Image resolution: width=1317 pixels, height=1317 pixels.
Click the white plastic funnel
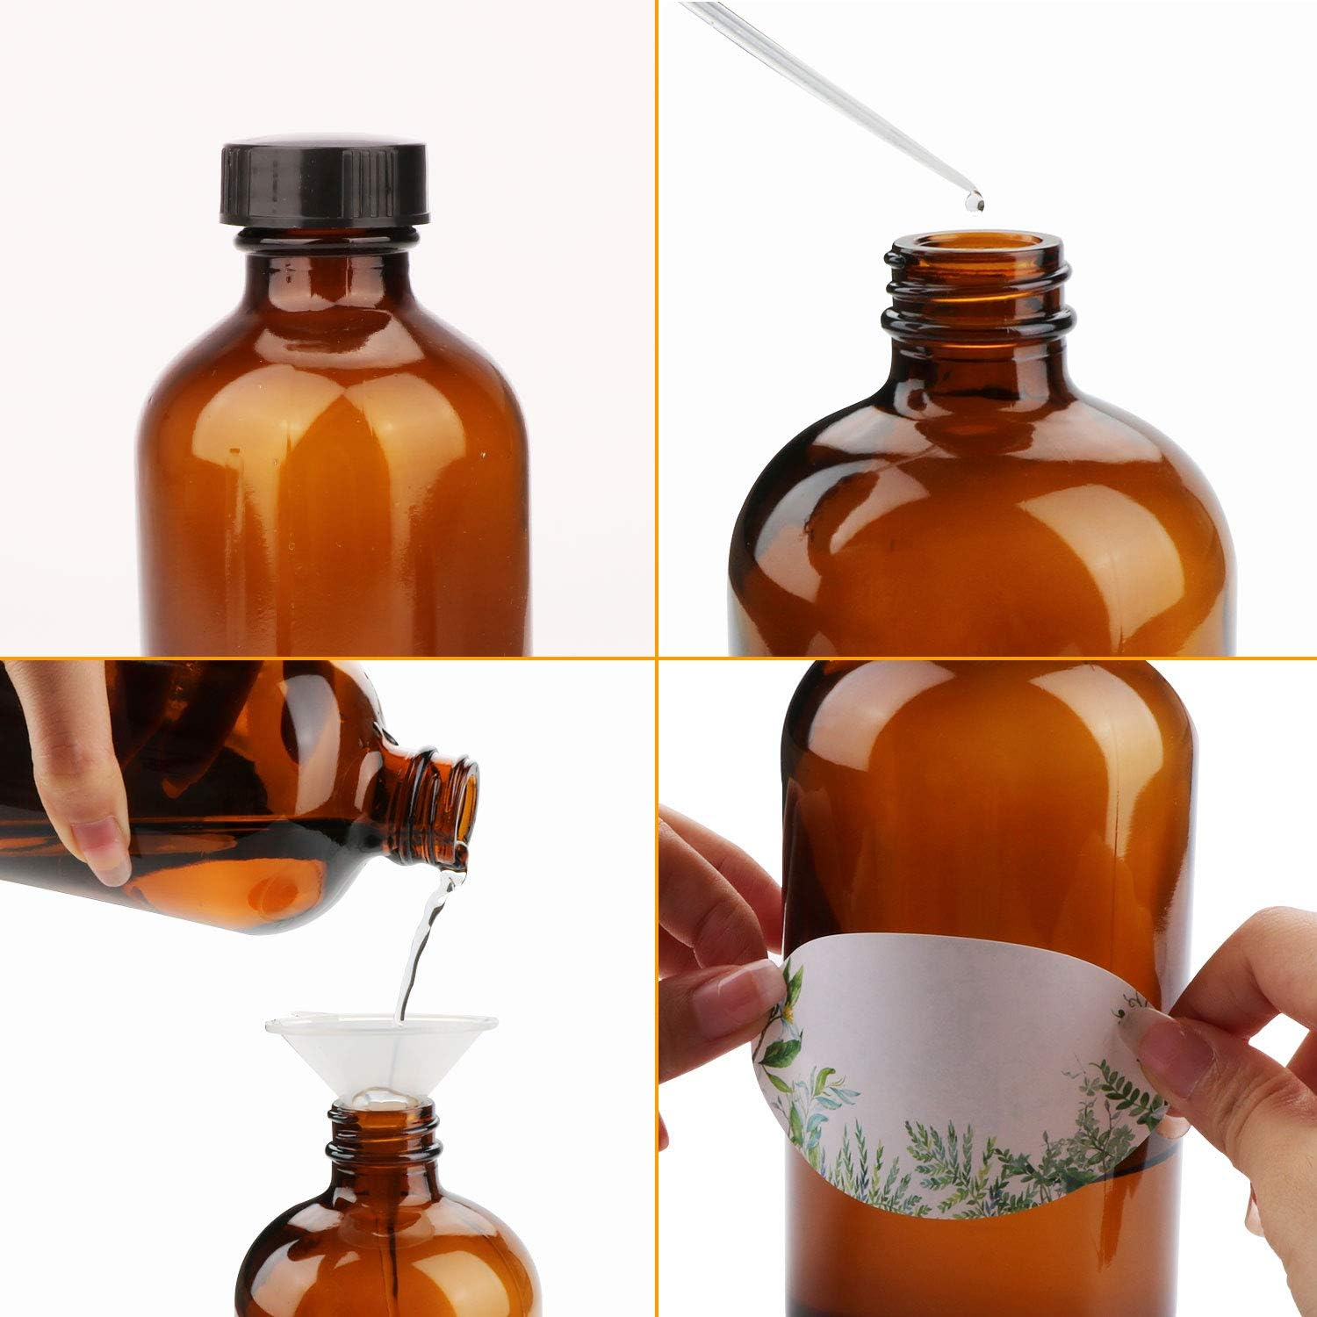[x=379, y=1054]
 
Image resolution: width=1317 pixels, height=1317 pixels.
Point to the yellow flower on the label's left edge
[x=795, y=1010]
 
